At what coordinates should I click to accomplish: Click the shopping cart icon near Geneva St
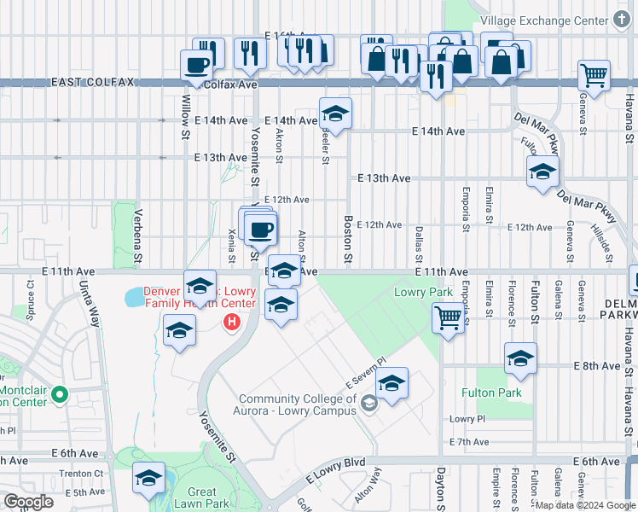pyautogui.click(x=594, y=74)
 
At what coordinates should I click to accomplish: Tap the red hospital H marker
pyautogui.click(x=229, y=323)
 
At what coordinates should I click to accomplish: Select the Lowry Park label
pyautogui.click(x=423, y=292)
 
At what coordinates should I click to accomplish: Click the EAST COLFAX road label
pyautogui.click(x=93, y=82)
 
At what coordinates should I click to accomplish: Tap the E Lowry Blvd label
pyautogui.click(x=333, y=463)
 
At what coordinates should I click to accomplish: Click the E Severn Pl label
pyautogui.click(x=366, y=373)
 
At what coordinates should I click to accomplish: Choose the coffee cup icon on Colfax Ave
pyautogui.click(x=196, y=64)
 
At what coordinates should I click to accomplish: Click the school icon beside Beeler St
pyautogui.click(x=336, y=113)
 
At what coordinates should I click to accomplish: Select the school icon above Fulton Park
pyautogui.click(x=520, y=359)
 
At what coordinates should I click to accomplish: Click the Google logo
pyautogui.click(x=29, y=502)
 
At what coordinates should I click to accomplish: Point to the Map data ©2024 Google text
pyautogui.click(x=585, y=504)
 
